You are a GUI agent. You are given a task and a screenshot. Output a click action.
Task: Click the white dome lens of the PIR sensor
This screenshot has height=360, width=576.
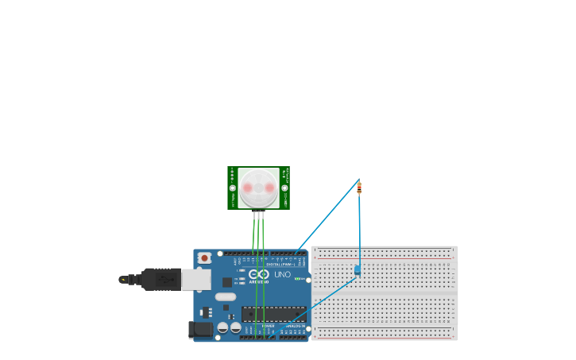258,188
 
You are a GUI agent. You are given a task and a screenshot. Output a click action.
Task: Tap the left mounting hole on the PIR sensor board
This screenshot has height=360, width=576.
233,188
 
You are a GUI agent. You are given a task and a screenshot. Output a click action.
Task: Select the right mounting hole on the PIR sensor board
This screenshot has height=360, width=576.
284,188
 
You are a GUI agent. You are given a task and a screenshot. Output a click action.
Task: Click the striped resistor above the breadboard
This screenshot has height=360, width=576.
359,188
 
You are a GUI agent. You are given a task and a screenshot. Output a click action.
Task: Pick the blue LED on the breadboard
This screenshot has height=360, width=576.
357,270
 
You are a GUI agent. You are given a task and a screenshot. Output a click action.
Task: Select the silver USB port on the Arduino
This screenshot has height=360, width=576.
196,279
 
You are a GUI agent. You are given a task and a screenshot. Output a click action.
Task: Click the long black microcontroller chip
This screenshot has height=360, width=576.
273,314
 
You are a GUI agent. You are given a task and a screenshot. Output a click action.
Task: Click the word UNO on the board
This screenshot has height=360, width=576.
282,274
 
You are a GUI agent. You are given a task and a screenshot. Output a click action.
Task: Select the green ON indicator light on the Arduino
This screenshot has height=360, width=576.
299,278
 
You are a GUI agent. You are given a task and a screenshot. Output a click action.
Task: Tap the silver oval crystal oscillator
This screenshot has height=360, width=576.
226,296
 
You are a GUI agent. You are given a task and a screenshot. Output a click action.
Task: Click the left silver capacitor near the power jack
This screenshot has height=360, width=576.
223,327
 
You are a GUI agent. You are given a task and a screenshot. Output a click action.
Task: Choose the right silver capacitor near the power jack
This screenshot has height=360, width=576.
236,327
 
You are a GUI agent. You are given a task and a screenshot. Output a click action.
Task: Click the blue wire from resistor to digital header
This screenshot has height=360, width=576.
327,217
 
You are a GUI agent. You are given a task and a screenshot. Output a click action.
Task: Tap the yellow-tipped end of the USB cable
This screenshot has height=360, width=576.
123,279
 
